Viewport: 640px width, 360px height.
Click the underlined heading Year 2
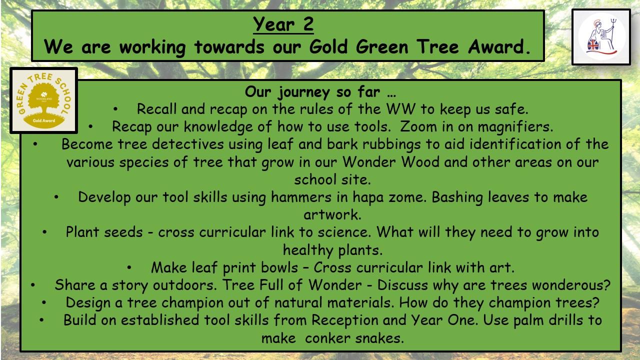(x=283, y=24)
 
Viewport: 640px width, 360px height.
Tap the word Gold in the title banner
(x=328, y=47)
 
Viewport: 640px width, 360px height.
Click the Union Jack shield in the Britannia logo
(x=593, y=45)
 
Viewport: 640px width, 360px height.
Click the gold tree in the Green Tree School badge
(x=43, y=98)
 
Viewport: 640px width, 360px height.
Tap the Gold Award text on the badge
(x=43, y=120)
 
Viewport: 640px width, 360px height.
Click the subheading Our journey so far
(x=320, y=92)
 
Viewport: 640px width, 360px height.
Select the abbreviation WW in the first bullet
(x=400, y=109)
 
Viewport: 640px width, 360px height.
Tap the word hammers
(x=301, y=197)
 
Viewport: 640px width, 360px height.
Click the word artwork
(x=332, y=214)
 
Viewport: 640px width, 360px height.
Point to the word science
(x=344, y=232)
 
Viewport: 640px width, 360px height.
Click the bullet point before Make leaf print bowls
(x=129, y=267)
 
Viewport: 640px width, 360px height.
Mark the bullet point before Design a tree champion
(x=43, y=302)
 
